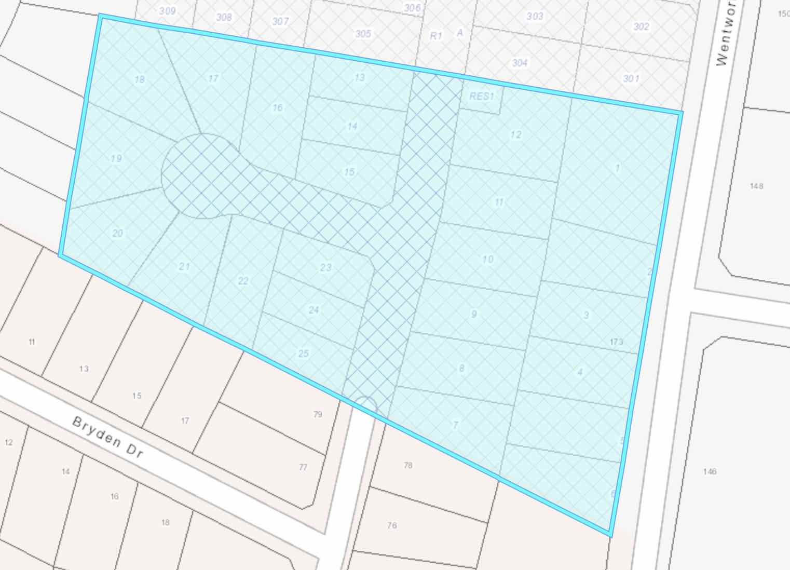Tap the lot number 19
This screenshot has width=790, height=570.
116,158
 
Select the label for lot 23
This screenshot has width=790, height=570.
325,267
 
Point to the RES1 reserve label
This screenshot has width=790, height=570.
482,96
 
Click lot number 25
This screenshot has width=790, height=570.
303,354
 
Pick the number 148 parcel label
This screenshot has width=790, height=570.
756,186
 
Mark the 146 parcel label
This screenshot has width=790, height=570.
710,471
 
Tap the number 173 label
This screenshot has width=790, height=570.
616,342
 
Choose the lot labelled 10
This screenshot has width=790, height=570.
487,259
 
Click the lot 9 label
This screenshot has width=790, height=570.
473,314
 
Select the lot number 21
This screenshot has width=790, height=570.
184,266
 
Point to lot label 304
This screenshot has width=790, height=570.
520,63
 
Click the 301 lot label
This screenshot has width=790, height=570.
631,78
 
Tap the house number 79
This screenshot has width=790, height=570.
318,414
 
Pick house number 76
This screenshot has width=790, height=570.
392,525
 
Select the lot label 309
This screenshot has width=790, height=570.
167,11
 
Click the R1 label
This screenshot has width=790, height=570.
435,36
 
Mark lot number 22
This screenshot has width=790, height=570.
243,281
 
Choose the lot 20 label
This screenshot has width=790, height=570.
118,233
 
